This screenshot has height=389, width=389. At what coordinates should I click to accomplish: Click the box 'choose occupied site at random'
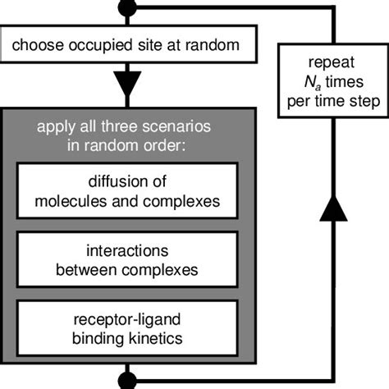pos(126,45)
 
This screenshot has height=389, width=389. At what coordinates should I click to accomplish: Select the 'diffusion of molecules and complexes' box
pos(127,190)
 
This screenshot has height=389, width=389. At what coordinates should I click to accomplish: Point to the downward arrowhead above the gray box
pos(126,83)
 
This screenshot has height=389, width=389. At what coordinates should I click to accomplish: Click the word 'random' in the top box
pos(213,45)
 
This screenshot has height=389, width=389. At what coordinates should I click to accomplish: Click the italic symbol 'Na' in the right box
pos(315,82)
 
